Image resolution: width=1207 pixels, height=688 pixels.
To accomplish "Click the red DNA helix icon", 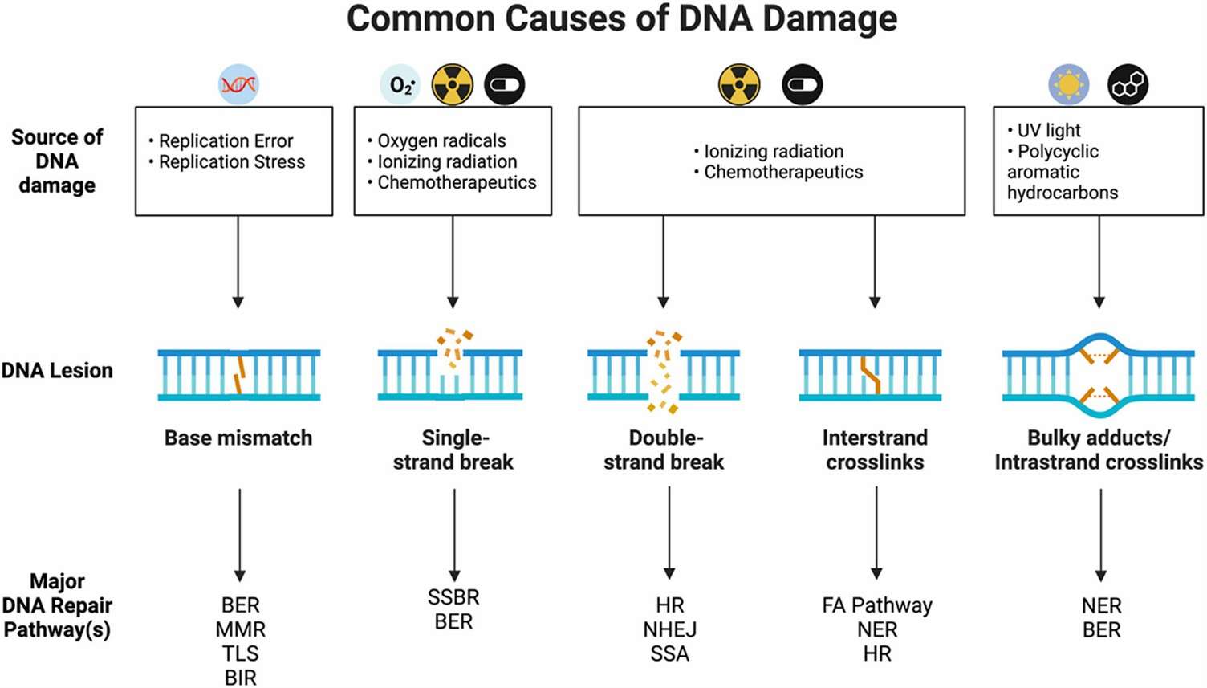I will pyautogui.click(x=238, y=84).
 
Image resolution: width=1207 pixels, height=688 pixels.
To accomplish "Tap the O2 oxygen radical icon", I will pyautogui.click(x=400, y=84).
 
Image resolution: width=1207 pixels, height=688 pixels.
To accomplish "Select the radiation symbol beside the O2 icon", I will pyautogui.click(x=453, y=84).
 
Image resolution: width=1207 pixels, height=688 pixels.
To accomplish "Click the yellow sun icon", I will pyautogui.click(x=1069, y=84).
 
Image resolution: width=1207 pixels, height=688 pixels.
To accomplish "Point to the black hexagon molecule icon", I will pyautogui.click(x=1128, y=84).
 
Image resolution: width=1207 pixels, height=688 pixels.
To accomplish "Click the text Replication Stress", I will pyautogui.click(x=231, y=162).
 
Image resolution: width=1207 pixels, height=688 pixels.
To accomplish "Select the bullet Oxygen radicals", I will pyautogui.click(x=441, y=141).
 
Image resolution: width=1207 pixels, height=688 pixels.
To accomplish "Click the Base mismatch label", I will pyautogui.click(x=238, y=438).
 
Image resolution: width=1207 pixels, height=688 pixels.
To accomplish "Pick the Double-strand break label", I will pyautogui.click(x=664, y=450).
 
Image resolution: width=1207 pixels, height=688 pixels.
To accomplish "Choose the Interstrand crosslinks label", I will pyautogui.click(x=875, y=450).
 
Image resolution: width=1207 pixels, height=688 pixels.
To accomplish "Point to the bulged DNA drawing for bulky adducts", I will pyautogui.click(x=1099, y=374).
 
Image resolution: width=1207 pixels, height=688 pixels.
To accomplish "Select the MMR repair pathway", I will pyautogui.click(x=240, y=630).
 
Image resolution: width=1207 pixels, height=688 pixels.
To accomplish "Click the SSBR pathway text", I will pyautogui.click(x=453, y=598).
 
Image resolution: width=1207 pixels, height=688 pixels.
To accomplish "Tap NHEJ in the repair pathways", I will pyautogui.click(x=669, y=630).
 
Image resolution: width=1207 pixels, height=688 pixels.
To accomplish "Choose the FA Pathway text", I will pyautogui.click(x=877, y=605).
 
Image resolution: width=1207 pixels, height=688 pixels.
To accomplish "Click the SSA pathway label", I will pyautogui.click(x=669, y=654).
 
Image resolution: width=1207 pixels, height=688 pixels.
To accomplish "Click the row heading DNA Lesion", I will pyautogui.click(x=57, y=371).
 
